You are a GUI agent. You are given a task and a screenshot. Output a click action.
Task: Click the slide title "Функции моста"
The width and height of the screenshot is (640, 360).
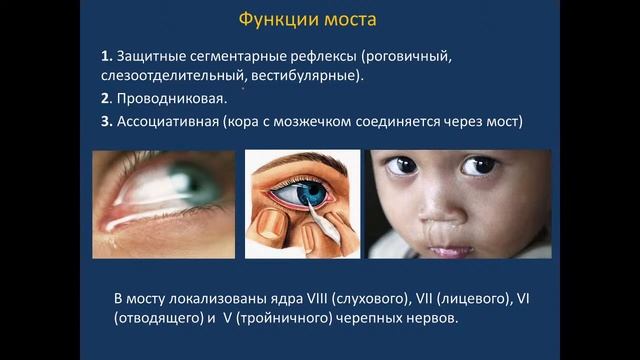pyautogui.click(x=320, y=21)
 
